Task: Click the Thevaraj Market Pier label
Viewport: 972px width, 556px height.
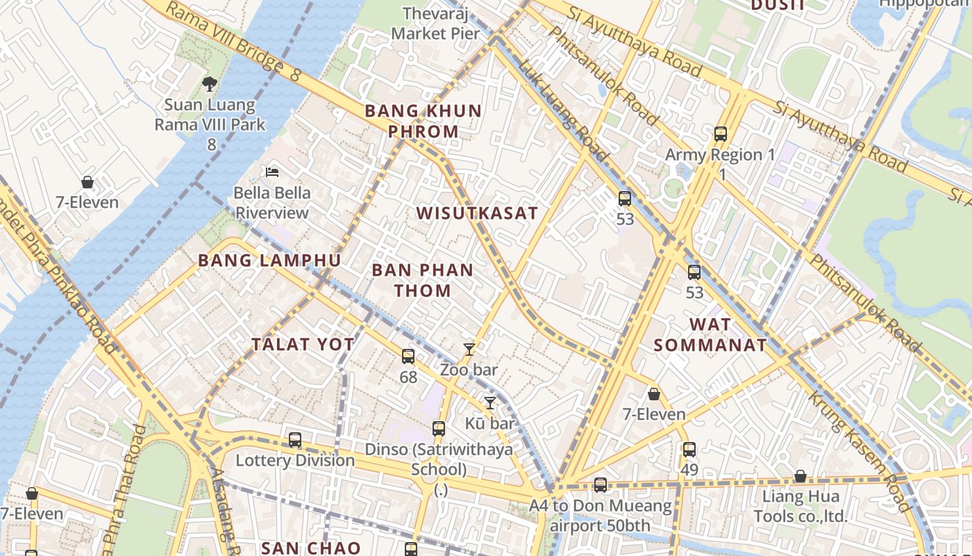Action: point(435,23)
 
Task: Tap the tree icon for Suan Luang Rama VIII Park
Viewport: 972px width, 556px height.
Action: point(209,84)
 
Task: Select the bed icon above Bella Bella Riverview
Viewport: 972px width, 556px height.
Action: point(272,172)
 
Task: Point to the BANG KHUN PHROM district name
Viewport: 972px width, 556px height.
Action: point(424,121)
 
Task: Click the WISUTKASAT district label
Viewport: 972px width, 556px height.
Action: point(478,213)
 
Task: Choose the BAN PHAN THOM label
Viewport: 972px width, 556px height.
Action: point(423,280)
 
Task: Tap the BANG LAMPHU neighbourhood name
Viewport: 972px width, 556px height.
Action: point(269,261)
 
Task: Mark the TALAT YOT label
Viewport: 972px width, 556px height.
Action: point(303,344)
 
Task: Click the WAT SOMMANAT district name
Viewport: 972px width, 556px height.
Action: point(710,334)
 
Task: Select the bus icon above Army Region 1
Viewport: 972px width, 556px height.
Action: point(721,133)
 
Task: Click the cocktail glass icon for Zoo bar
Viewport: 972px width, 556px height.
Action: point(469,349)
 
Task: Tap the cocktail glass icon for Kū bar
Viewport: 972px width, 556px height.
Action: point(490,402)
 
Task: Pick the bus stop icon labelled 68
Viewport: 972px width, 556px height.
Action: point(408,357)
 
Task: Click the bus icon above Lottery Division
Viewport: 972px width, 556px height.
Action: point(295,440)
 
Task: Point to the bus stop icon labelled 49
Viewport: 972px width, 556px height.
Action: point(689,450)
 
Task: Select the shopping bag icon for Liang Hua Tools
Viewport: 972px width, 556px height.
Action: point(801,477)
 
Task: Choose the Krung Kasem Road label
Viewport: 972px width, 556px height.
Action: point(860,452)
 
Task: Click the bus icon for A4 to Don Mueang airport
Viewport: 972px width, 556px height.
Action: point(601,485)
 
